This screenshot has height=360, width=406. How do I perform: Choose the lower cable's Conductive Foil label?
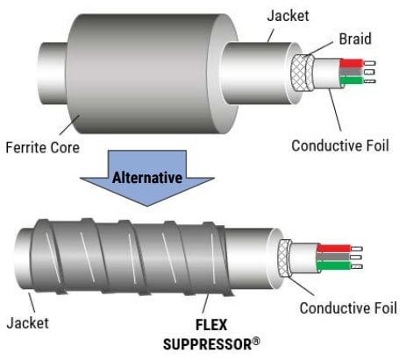348,307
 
